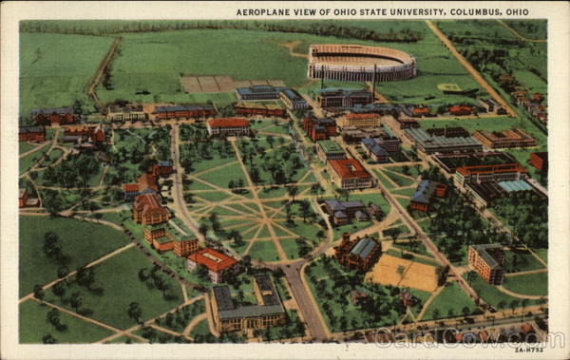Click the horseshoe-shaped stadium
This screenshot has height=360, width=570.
pyautogui.click(x=361, y=63)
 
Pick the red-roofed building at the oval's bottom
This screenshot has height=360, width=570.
pyautogui.click(x=214, y=262)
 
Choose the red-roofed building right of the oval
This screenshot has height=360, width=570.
pyautogui.click(x=350, y=173)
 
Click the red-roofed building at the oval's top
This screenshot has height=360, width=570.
pyautogui.click(x=228, y=125)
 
